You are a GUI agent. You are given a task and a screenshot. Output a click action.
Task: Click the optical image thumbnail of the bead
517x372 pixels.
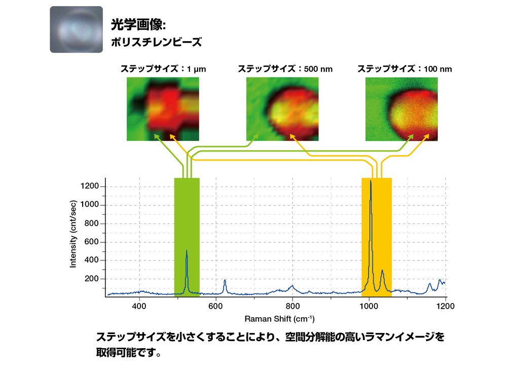76,29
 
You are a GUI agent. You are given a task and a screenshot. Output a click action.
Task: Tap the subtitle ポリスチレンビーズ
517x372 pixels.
156,42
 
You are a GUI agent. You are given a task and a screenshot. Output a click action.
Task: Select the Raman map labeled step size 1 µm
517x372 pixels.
163,108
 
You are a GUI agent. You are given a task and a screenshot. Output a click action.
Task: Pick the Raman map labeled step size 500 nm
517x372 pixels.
282,108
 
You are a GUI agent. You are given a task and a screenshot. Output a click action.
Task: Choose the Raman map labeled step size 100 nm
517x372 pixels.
401,108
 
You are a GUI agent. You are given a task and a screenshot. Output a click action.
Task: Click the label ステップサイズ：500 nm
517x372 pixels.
285,68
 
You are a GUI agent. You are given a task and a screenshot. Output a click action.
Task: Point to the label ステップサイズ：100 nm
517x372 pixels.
404,68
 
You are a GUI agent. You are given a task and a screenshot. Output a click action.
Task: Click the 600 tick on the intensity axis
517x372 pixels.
92,242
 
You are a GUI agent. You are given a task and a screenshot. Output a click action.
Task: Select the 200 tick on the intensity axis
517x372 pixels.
92,279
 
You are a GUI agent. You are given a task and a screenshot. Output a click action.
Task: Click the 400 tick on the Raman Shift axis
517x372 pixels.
139,306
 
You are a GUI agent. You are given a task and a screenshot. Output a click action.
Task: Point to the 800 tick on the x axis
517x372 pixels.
292,306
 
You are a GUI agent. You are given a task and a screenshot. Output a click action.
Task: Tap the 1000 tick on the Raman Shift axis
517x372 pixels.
369,306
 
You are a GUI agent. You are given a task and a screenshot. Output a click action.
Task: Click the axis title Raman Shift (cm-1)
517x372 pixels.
279,319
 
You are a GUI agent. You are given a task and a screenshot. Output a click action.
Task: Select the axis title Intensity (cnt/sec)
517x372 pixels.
73,233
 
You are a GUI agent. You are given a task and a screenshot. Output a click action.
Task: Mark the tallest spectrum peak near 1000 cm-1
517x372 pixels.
371,181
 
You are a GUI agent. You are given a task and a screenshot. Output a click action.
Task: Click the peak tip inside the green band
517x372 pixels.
187,250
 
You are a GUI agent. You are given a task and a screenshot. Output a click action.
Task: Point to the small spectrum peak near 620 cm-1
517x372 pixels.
225,280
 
